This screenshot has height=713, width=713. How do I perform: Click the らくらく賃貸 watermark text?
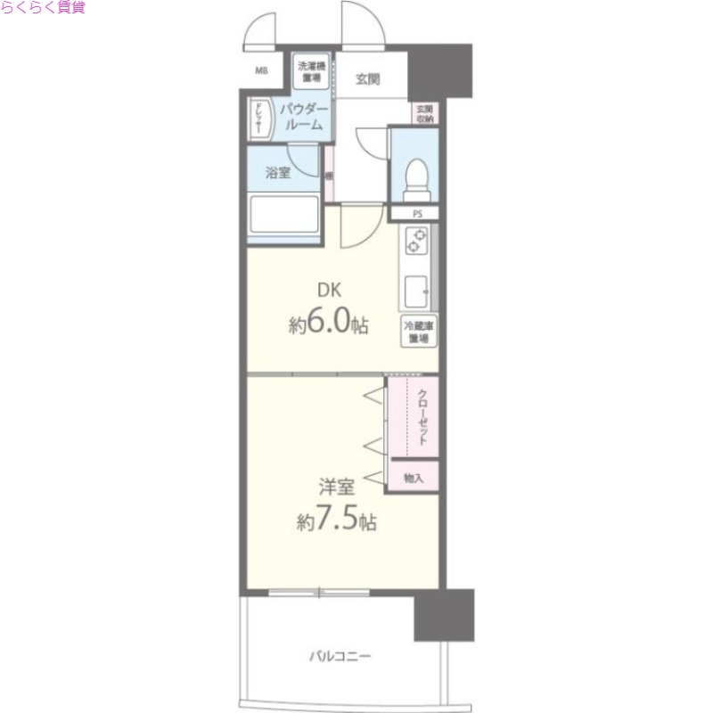coord(43,8)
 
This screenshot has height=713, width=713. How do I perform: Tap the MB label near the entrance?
coord(263,71)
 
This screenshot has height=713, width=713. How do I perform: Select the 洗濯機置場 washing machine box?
coord(312,70)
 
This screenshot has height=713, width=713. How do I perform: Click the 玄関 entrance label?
coord(367,78)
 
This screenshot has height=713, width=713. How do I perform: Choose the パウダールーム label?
coord(304,117)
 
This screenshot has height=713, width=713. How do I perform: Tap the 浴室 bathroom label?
coord(279,173)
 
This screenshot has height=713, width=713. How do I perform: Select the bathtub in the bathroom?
coord(284,216)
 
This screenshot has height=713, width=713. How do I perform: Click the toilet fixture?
coord(415,178)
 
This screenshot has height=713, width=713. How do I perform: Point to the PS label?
coord(417,214)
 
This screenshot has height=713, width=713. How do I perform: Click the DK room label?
coord(331,289)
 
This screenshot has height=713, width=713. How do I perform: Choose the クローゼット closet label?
coord(422,418)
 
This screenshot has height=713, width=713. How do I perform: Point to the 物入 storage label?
coord(413,478)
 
